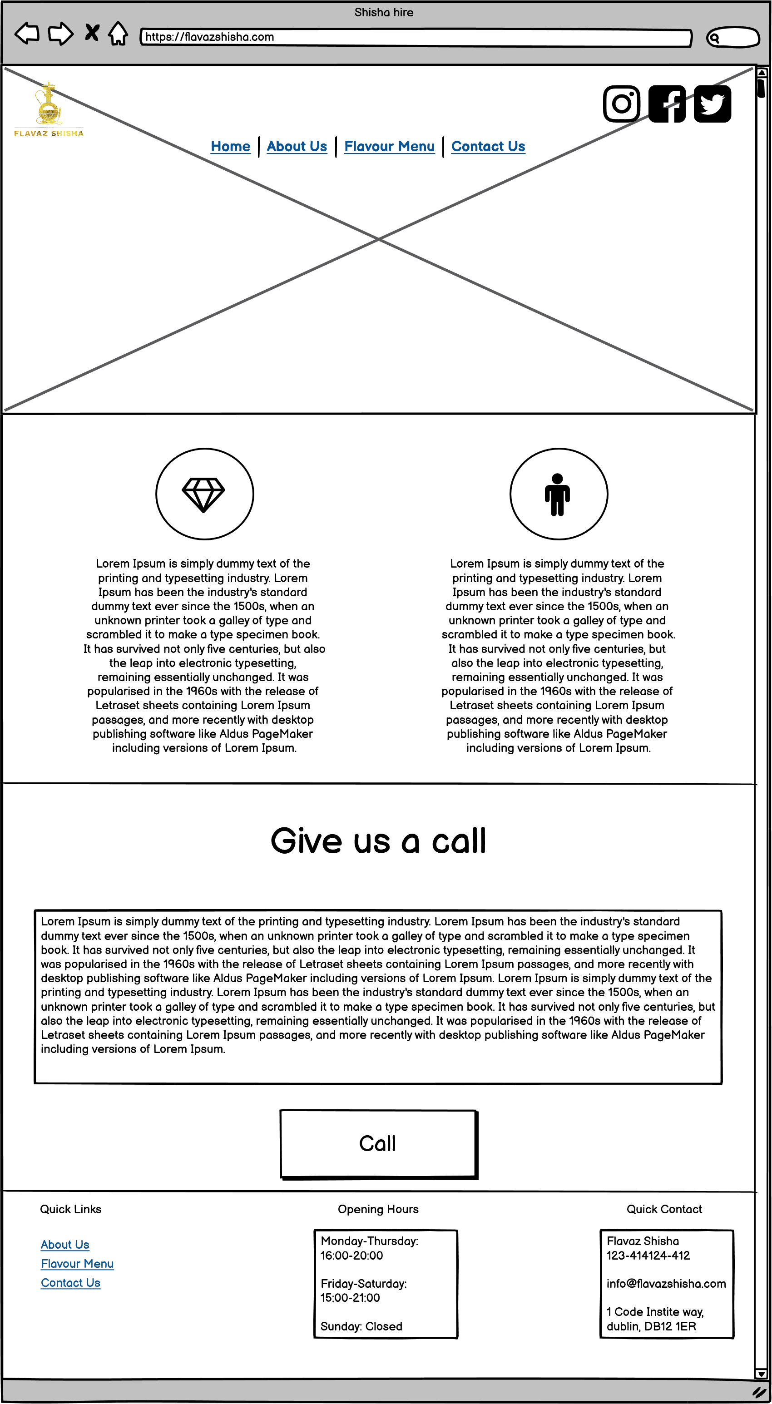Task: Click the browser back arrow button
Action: coord(27,33)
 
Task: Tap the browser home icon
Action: coord(118,34)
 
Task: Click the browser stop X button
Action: coord(92,33)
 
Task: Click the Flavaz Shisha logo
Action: coord(49,109)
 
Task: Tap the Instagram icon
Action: coord(622,104)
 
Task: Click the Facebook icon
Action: coord(667,104)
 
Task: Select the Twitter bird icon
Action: coord(712,104)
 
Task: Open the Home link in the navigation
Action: coord(230,146)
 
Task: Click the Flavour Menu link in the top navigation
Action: coord(389,146)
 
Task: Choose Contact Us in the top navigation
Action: coord(488,146)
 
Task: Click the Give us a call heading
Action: coord(378,840)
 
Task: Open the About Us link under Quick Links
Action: coord(65,1244)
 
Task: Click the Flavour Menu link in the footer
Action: coord(77,1263)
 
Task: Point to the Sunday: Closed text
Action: coord(361,1326)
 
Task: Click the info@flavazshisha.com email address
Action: coord(666,1284)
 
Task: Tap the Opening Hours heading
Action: coord(378,1209)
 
